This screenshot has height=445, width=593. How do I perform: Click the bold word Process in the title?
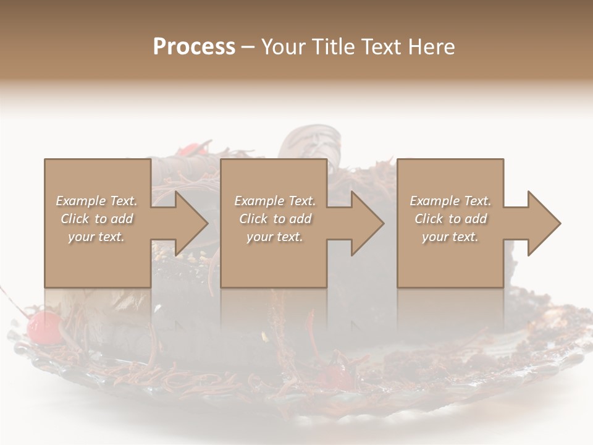194,47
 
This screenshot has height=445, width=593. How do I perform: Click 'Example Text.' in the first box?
96,201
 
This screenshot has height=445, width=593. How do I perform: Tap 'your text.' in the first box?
96,237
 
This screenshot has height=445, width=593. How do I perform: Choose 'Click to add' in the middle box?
275,219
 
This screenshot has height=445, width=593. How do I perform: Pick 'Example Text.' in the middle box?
275,201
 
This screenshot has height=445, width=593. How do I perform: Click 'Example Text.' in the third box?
450,201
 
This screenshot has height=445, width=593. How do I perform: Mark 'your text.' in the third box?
450,237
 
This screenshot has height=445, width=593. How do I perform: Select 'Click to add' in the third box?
450,219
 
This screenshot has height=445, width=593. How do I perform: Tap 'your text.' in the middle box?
275,237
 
